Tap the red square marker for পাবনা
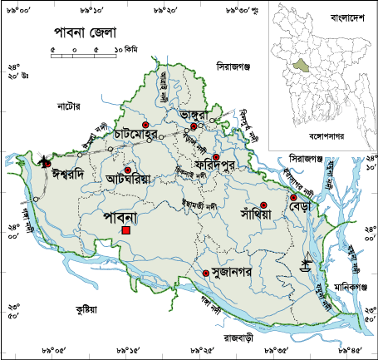125,230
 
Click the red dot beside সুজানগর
206,273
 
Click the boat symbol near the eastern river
306,263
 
